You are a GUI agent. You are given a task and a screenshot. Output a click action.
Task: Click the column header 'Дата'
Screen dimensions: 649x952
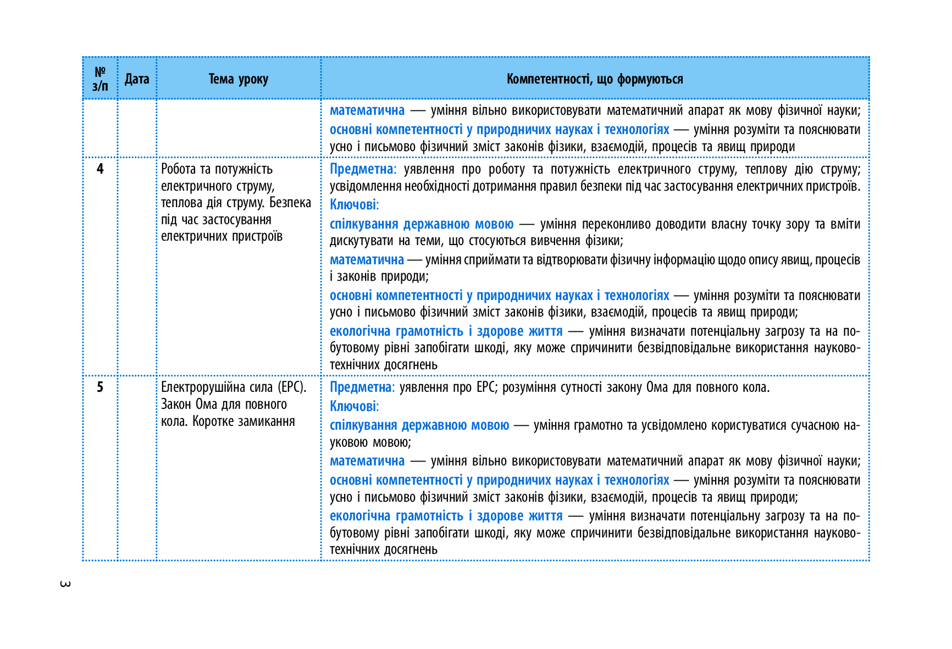point(137,79)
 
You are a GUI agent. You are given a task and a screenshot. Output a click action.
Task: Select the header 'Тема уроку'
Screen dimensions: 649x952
point(239,79)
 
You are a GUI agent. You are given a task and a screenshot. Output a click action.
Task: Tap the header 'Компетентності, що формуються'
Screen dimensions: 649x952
point(595,79)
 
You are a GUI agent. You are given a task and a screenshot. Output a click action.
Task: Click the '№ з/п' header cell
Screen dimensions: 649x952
point(100,79)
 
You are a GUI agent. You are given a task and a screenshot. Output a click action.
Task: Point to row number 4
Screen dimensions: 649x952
point(100,169)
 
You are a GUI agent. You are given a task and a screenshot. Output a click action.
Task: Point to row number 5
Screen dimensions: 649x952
point(100,387)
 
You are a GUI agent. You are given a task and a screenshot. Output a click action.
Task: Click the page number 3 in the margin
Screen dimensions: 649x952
point(65,584)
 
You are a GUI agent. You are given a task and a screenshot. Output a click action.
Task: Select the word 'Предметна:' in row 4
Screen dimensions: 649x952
point(363,169)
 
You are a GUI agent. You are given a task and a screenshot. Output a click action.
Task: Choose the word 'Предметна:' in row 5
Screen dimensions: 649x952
point(362,387)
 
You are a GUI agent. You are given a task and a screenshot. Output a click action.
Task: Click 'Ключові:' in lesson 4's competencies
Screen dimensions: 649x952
point(354,205)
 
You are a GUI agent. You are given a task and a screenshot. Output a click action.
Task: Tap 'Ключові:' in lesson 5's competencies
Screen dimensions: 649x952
point(354,406)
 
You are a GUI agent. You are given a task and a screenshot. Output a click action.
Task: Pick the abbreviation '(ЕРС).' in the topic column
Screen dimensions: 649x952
point(292,387)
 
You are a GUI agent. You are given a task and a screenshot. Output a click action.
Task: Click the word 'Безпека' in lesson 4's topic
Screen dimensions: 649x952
point(290,203)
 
